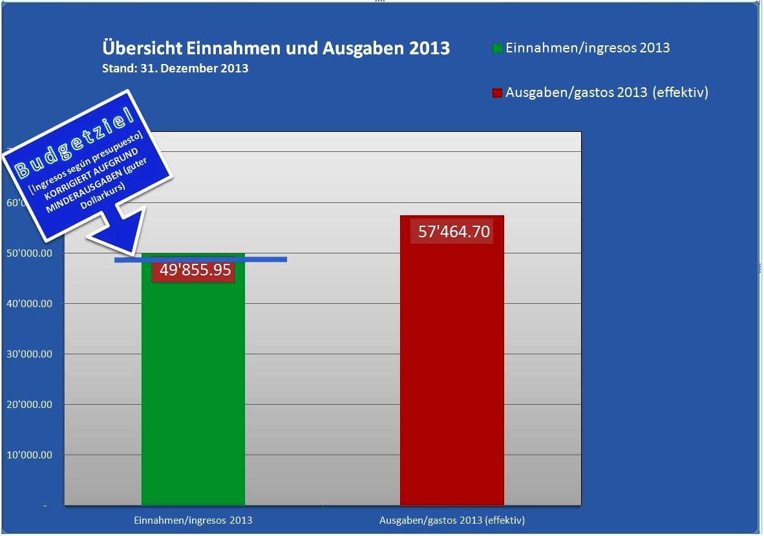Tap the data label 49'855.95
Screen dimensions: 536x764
[x=195, y=270]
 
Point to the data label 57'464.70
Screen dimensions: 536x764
[x=454, y=231]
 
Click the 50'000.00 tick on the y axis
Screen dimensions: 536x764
[x=29, y=253]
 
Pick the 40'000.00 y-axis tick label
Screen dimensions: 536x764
[x=29, y=304]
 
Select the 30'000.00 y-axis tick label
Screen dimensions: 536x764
[x=29, y=354]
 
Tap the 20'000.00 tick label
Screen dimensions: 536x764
[x=29, y=405]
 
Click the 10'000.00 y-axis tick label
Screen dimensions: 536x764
[x=29, y=455]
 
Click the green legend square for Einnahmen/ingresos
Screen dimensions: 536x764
[x=497, y=48]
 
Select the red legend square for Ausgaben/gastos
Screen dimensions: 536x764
[x=497, y=93]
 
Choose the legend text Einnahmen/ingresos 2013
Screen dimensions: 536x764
[x=588, y=48]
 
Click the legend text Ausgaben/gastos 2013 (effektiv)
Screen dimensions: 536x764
[x=607, y=92]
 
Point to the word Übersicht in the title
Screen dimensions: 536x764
[x=141, y=48]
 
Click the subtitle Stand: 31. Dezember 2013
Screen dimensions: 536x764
[x=175, y=68]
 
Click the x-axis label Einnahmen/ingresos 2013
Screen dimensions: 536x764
[x=193, y=520]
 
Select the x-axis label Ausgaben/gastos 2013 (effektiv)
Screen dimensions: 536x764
[x=452, y=520]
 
